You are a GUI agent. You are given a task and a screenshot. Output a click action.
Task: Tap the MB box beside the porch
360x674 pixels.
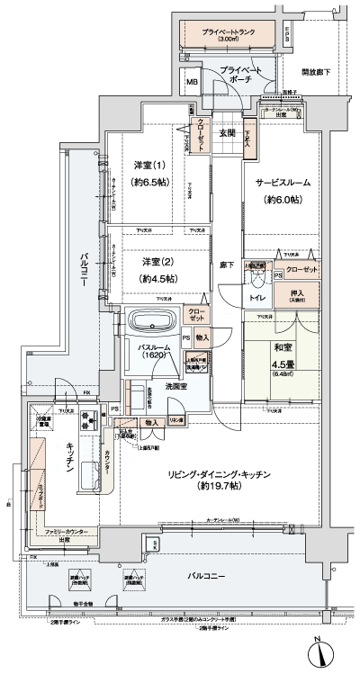[193, 83]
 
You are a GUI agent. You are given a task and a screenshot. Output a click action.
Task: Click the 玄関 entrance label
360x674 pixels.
[226, 133]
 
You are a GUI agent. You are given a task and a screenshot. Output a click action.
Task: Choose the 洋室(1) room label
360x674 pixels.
[148, 165]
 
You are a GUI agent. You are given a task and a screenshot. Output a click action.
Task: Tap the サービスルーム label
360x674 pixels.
[283, 182]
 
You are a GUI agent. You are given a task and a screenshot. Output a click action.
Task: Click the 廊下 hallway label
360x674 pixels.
[227, 265]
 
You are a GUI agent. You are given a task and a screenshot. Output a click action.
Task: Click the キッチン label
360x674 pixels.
[56, 457]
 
